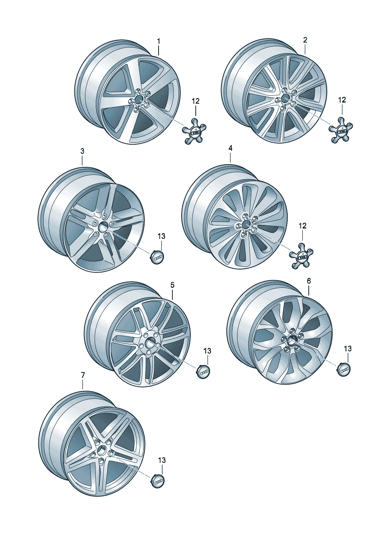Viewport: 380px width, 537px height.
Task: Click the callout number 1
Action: tap(159, 41)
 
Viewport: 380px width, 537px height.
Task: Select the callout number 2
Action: tap(305, 40)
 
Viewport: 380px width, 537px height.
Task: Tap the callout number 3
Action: tap(82, 151)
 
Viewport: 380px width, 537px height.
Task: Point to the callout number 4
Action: tap(230, 149)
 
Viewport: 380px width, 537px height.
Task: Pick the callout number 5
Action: tap(172, 285)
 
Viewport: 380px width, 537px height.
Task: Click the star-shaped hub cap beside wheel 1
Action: tap(194, 132)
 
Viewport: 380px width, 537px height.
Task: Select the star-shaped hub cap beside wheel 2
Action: tap(341, 130)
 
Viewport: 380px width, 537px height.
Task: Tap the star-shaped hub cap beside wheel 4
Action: tap(302, 256)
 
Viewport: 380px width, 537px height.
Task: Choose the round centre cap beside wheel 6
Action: tap(344, 369)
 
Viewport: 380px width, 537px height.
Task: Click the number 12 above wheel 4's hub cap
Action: tap(303, 225)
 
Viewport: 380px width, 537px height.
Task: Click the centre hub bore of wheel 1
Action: tap(138, 100)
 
